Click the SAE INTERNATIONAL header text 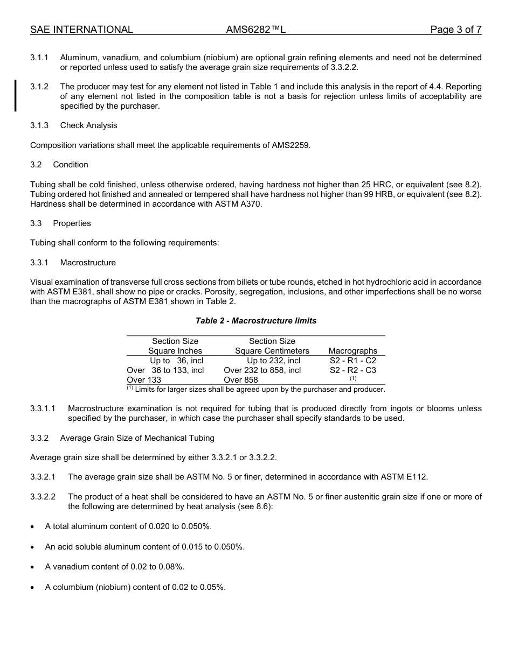point(81,30)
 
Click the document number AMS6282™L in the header point(255,30)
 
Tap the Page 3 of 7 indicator point(455,30)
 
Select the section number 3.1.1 point(39,58)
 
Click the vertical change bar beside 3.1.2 point(16,96)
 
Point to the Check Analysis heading point(88,125)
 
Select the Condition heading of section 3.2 point(71,165)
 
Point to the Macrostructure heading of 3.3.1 point(88,263)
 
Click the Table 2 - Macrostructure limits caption point(256,321)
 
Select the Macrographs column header point(353,351)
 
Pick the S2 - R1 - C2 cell point(353,361)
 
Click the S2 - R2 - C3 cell point(353,370)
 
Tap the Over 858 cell point(241,380)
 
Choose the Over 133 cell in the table point(144,380)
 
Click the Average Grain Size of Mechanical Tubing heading point(137,438)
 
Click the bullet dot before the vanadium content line point(33,567)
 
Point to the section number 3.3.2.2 point(43,497)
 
